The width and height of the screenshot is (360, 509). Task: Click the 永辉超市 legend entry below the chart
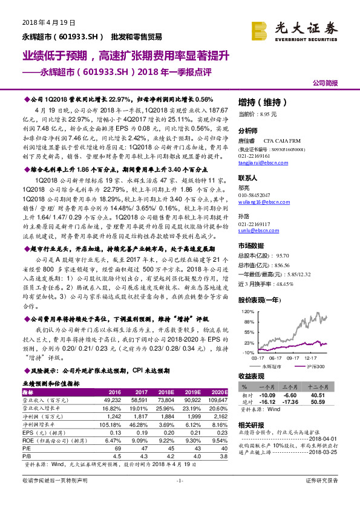coord(272,366)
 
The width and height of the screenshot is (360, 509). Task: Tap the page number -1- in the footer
coord(179,497)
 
